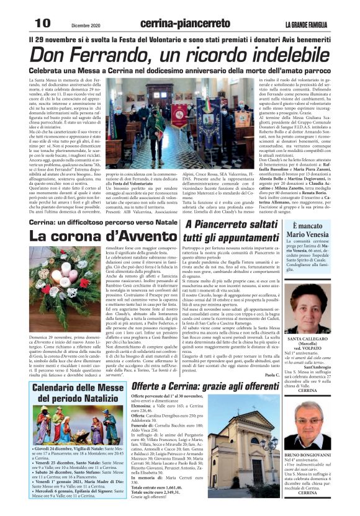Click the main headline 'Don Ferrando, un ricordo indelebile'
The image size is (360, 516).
(x=180, y=55)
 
